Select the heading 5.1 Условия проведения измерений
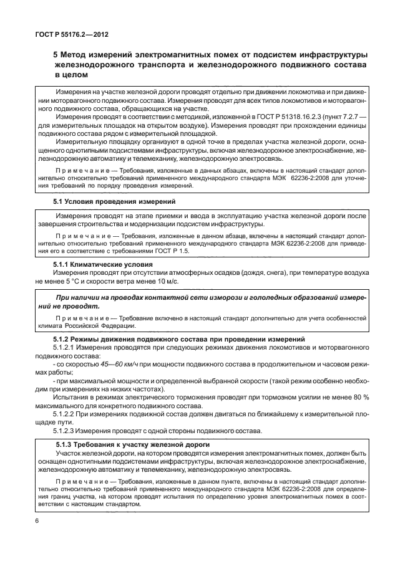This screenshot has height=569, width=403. pos(107,202)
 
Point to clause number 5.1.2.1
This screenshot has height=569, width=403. pos(65,347)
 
